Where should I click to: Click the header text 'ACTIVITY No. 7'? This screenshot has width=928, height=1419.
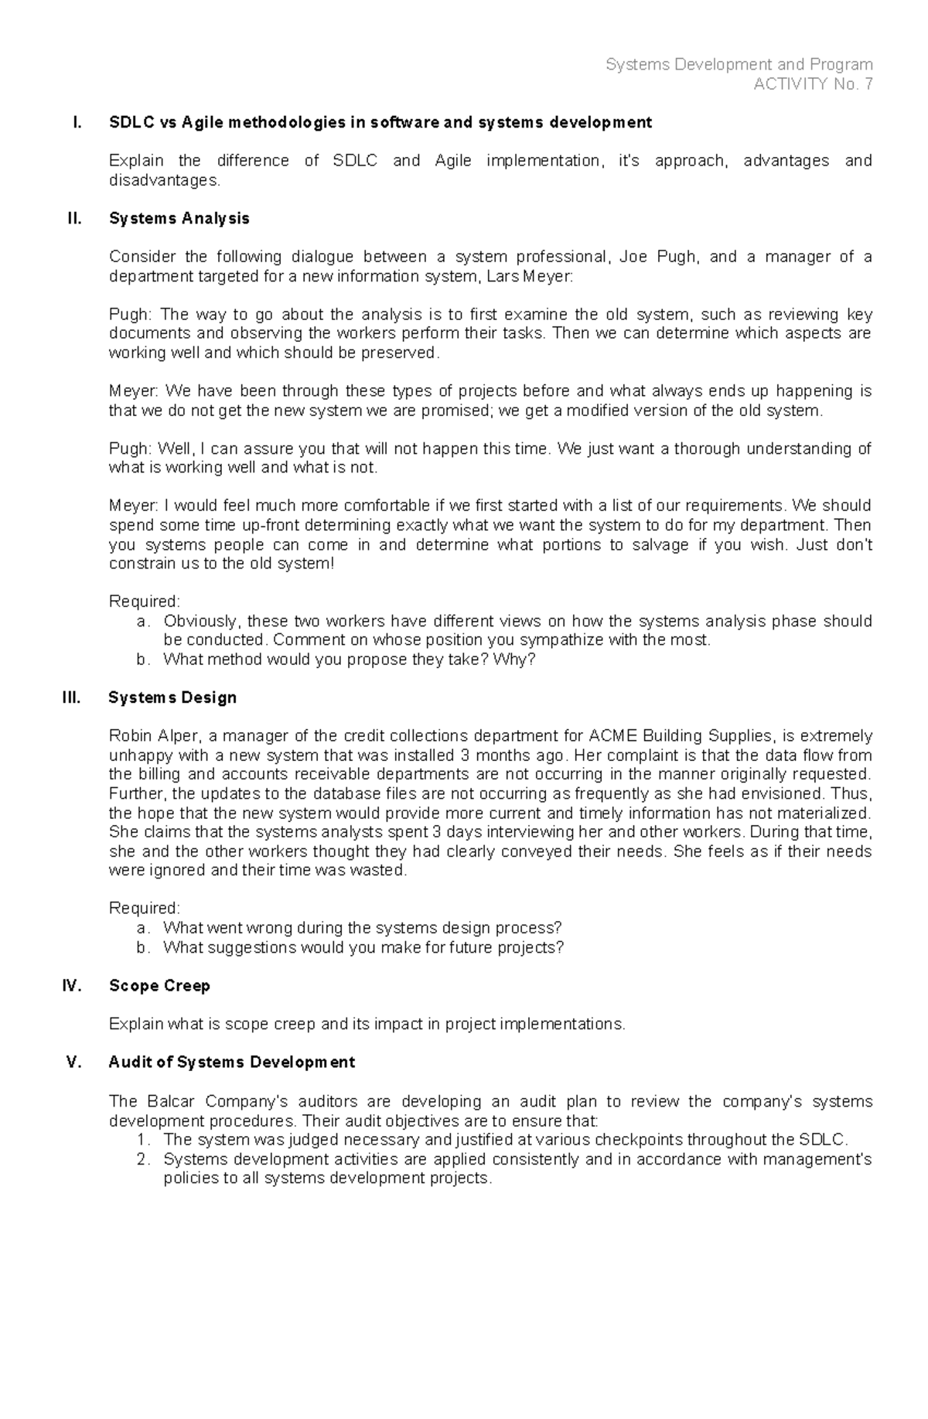point(813,84)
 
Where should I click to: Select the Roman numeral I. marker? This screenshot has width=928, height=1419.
point(76,122)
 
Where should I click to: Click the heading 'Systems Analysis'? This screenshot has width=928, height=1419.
point(179,219)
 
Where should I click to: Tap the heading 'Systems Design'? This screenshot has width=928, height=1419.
point(172,698)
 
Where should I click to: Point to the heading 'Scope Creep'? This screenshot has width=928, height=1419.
point(159,986)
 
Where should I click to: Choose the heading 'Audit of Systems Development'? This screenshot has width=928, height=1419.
point(231,1063)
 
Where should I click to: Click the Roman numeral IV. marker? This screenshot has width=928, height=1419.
point(71,986)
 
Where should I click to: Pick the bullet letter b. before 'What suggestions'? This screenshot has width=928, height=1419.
point(142,947)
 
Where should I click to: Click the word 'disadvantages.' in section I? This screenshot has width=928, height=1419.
point(165,180)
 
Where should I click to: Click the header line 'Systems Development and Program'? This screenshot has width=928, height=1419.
point(739,65)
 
